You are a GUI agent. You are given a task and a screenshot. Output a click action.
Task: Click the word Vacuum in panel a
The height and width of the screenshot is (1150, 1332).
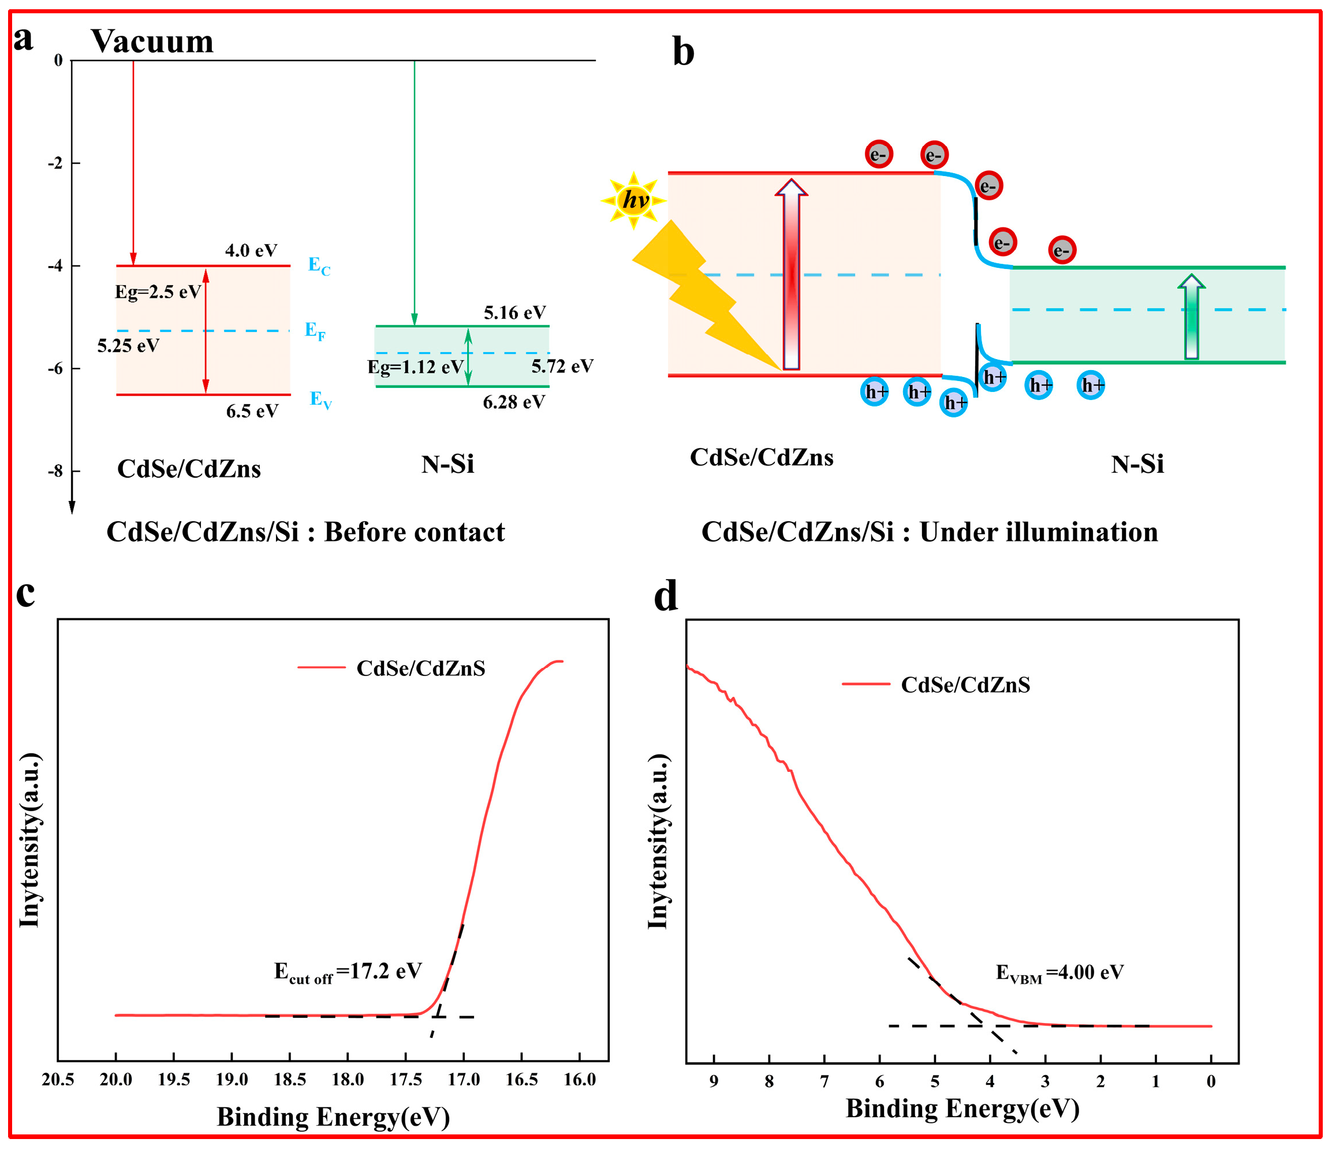click(152, 41)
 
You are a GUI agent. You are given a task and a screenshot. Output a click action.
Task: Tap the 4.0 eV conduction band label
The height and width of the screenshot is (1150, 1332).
click(251, 250)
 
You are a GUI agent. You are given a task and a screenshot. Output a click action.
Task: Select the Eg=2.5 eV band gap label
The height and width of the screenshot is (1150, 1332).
click(158, 292)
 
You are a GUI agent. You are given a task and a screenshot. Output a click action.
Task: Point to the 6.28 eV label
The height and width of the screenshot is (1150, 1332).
click(514, 402)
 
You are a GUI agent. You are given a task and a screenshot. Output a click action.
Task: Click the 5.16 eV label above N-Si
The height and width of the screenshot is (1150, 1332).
click(514, 313)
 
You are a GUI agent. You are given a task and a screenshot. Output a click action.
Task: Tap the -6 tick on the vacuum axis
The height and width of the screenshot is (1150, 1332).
click(56, 368)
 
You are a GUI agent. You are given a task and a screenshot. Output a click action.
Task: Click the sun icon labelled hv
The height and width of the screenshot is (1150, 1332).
click(634, 200)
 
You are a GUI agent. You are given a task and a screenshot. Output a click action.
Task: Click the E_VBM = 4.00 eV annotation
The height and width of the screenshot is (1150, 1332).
click(1059, 972)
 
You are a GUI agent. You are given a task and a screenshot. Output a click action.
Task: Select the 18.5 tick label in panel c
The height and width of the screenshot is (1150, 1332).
click(290, 1080)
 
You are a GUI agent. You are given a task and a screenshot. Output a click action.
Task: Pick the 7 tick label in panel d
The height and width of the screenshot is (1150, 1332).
click(824, 1082)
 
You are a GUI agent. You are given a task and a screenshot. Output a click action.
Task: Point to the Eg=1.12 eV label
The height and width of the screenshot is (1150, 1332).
click(415, 367)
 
